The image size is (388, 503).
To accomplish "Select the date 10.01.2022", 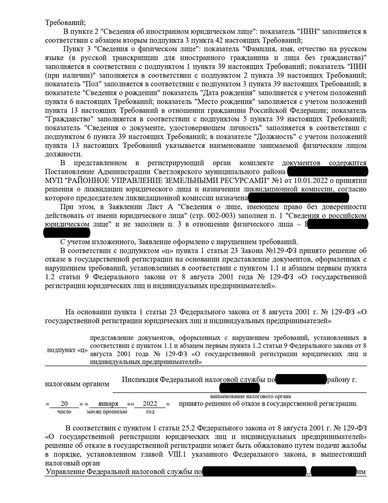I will (311, 180).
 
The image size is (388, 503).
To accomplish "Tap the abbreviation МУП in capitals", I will (54, 180).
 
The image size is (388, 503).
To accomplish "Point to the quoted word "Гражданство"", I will (69, 119).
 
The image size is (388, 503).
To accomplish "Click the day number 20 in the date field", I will (64, 404).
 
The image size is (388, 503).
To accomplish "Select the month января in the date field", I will (108, 404).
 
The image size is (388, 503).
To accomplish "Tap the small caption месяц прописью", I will (107, 412).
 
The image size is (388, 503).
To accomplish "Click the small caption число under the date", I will (64, 412).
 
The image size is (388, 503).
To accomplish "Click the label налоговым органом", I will (77, 384).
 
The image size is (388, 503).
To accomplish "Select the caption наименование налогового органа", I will (251, 396).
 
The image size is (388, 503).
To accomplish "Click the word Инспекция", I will (140, 380).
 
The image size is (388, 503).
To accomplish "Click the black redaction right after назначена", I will (298, 197).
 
